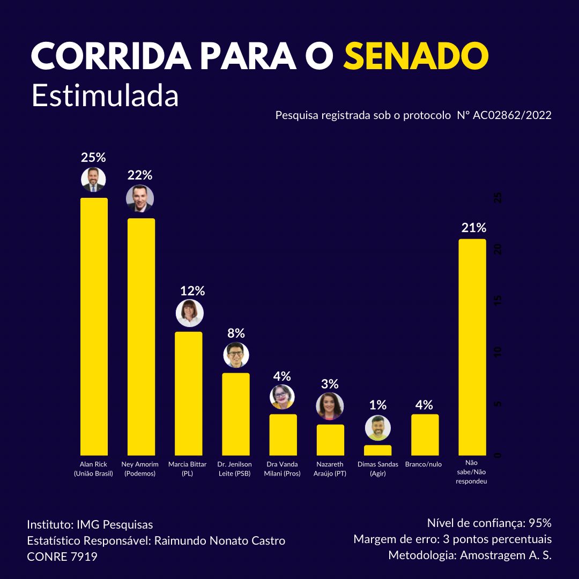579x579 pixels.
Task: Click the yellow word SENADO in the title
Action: [x=415, y=56]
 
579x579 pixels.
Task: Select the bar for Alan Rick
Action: [x=94, y=327]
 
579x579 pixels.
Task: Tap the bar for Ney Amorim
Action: [x=141, y=337]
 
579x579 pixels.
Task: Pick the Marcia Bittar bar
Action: [x=189, y=394]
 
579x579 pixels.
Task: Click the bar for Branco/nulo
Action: [x=425, y=435]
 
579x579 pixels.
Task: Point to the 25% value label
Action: [x=93, y=158]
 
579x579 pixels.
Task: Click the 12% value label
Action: [x=192, y=291]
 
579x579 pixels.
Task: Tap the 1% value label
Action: [x=377, y=405]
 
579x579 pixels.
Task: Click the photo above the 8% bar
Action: [x=236, y=355]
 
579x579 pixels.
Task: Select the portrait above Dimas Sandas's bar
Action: [x=378, y=428]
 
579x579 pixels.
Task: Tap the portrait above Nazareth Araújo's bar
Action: [x=330, y=406]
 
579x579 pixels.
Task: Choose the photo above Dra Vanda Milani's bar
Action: [x=282, y=397]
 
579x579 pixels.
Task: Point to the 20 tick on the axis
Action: [x=498, y=250]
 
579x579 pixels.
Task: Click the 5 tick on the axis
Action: [x=498, y=404]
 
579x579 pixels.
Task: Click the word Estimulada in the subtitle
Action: [x=105, y=96]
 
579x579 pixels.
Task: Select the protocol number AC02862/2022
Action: [x=512, y=115]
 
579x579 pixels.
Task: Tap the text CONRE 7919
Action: [x=62, y=557]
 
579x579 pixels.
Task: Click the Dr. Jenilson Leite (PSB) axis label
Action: [x=234, y=469]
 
